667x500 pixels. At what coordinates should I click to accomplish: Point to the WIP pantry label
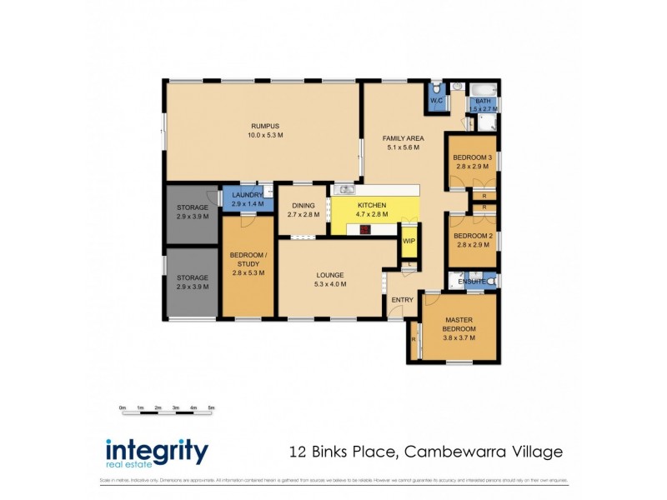pyautogui.click(x=409, y=242)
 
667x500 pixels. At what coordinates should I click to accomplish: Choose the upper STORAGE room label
pyautogui.click(x=193, y=208)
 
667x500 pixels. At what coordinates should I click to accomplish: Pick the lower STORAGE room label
pyautogui.click(x=193, y=277)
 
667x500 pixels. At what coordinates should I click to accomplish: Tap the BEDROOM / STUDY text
pyautogui.click(x=248, y=258)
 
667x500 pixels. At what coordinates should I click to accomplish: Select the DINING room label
pyautogui.click(x=303, y=207)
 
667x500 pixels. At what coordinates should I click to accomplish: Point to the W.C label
pyautogui.click(x=436, y=101)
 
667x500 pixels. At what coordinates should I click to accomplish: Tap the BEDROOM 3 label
pyautogui.click(x=473, y=157)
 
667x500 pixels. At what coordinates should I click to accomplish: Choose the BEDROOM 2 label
pyautogui.click(x=473, y=237)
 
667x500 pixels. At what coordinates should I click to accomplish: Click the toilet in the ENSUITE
pyautogui.click(x=491, y=282)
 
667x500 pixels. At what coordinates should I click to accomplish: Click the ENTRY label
pyautogui.click(x=402, y=300)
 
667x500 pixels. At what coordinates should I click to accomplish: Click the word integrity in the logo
pyautogui.click(x=156, y=451)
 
